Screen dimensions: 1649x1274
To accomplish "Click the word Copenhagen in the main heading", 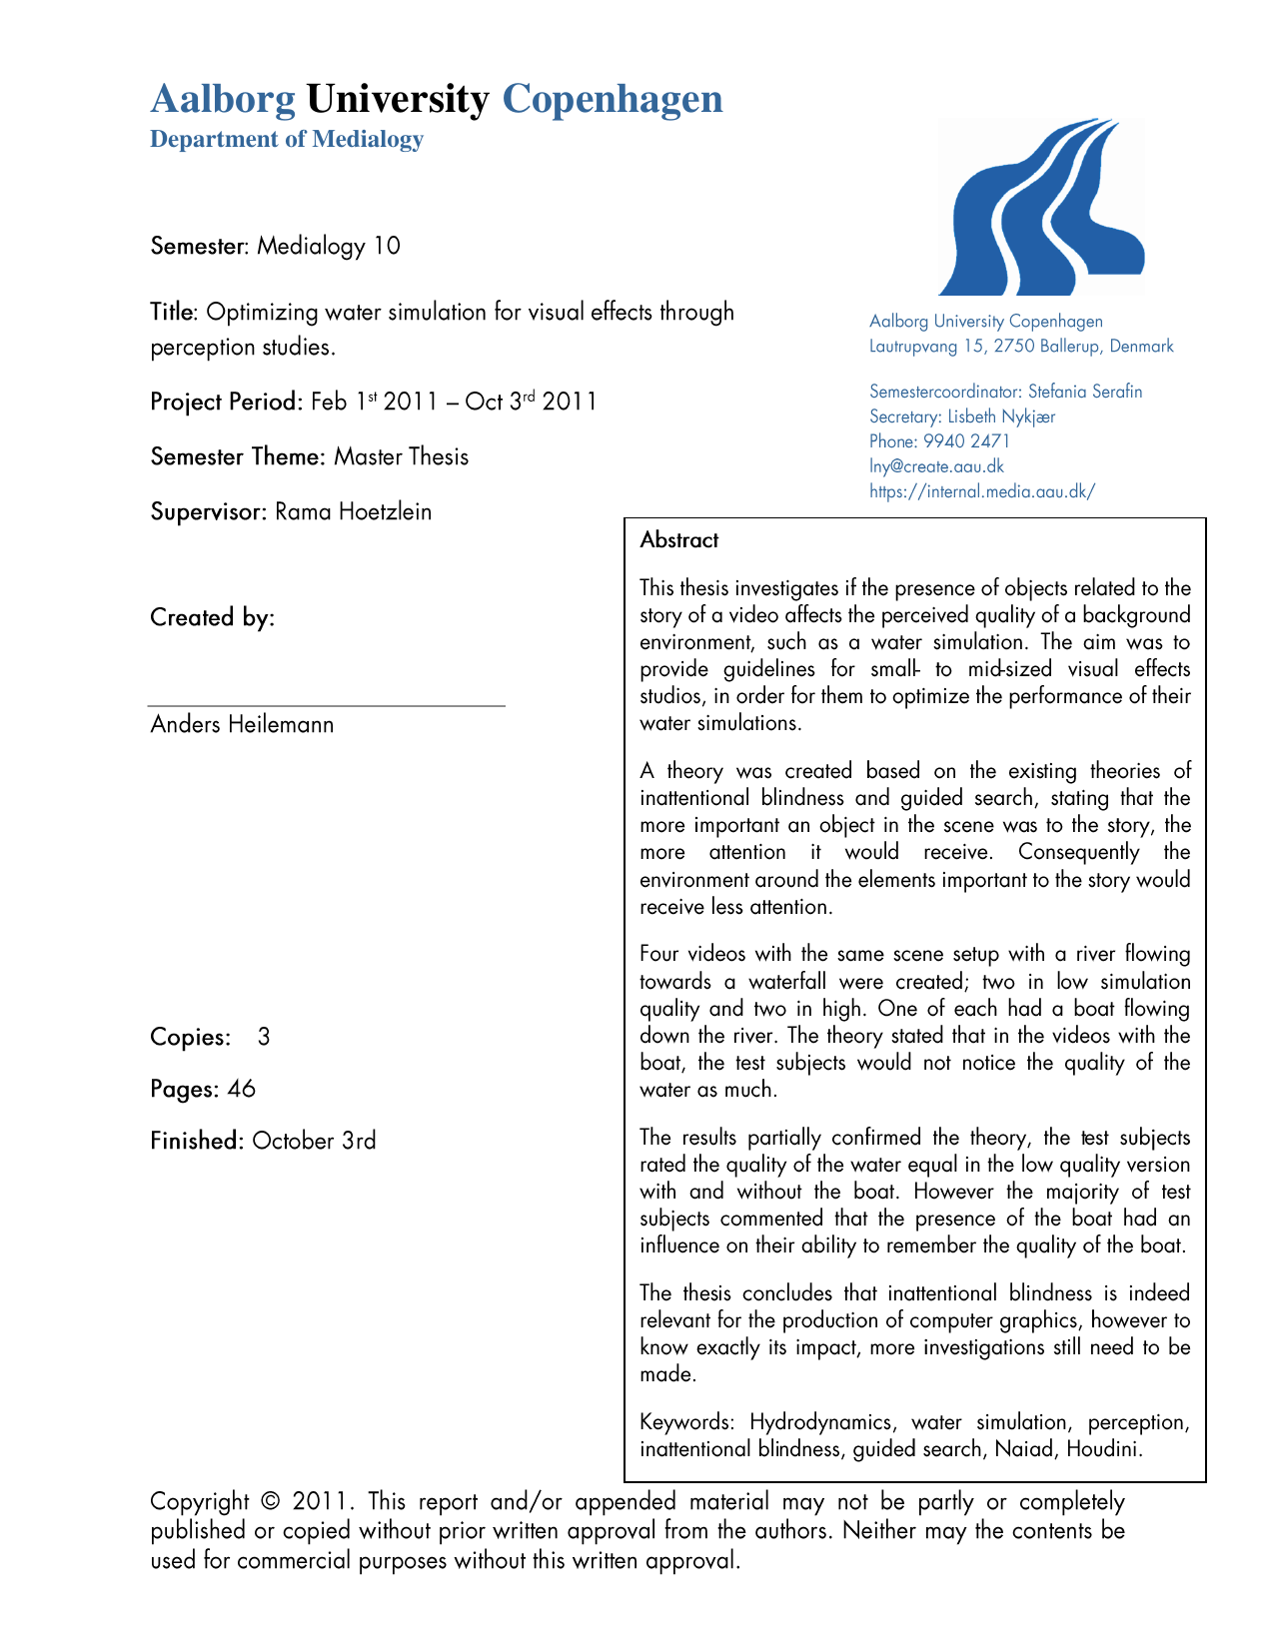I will click(x=612, y=99).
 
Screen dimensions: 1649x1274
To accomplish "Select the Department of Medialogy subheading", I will click(x=287, y=139).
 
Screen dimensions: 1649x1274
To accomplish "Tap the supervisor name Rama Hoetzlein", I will click(x=354, y=512).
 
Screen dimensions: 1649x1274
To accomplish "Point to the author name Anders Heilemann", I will click(x=242, y=724).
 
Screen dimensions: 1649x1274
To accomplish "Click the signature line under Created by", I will click(x=327, y=706).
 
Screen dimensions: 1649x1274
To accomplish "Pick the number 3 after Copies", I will click(x=264, y=1037).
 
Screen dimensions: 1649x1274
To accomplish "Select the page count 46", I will click(x=242, y=1089).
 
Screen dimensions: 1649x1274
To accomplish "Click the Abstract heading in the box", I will click(x=679, y=540).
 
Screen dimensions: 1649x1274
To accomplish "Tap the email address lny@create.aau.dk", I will click(x=936, y=466).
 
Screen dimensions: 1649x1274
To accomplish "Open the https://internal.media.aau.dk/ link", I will click(x=982, y=491).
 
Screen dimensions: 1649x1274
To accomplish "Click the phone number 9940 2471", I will click(x=966, y=441).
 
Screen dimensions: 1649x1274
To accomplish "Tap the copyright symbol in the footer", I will click(x=270, y=1502).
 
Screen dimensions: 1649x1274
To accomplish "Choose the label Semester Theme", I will click(x=238, y=457).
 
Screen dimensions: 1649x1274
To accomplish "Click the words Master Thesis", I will click(x=402, y=457).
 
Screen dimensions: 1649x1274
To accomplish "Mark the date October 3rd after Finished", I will click(x=314, y=1141).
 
